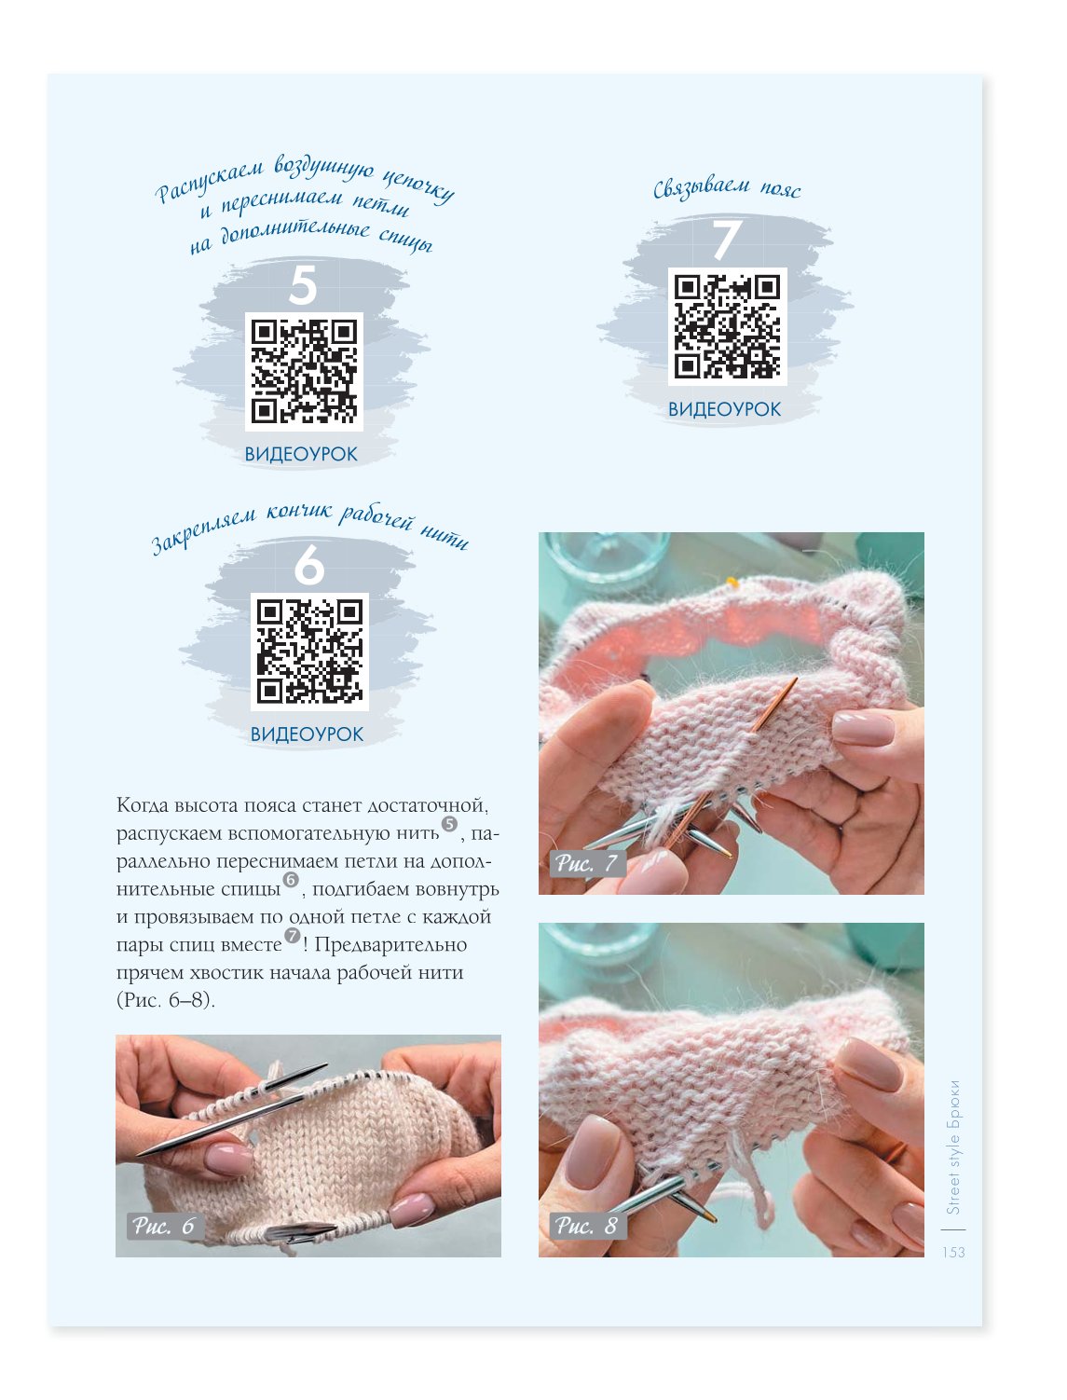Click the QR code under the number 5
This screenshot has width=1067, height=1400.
(x=304, y=372)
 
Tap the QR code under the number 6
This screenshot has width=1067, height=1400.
(x=309, y=652)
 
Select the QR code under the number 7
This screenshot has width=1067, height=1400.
(x=727, y=326)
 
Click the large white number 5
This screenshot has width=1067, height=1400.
(x=303, y=285)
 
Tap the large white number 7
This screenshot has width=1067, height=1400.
(x=727, y=240)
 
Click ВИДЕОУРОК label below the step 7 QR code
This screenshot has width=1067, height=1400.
(x=724, y=409)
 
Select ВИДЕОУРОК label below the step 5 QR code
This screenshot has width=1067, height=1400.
(x=301, y=454)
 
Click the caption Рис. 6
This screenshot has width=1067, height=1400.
(x=163, y=1226)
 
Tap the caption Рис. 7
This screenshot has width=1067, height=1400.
(x=586, y=863)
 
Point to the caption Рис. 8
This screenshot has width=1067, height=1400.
(x=586, y=1226)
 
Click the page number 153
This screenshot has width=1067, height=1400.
(x=953, y=1253)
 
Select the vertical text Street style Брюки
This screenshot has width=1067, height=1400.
(x=953, y=1147)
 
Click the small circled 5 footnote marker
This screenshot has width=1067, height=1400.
(x=449, y=824)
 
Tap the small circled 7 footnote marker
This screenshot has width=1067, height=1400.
(x=292, y=935)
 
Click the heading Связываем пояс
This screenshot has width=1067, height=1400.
(x=727, y=189)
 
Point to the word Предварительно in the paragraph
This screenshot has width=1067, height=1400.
(x=390, y=944)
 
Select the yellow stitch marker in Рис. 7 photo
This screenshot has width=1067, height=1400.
(x=733, y=581)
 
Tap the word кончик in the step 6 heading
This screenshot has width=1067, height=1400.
(x=299, y=512)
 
